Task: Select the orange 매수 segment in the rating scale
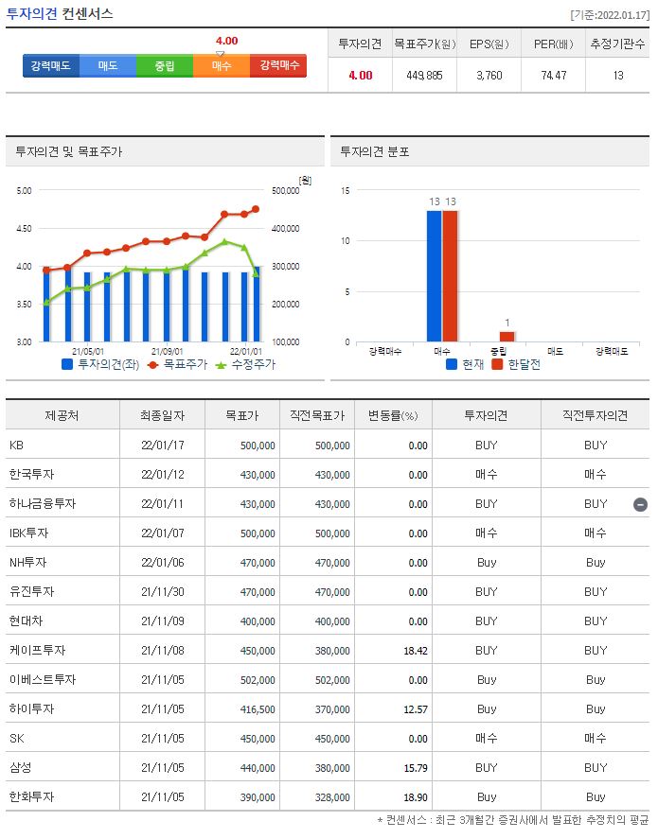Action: (x=222, y=65)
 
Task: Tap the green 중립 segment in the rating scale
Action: (x=165, y=65)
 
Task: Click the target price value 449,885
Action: (x=424, y=75)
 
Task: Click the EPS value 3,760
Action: (x=489, y=75)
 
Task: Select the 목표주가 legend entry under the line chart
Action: (x=176, y=364)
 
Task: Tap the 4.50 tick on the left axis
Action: (x=25, y=228)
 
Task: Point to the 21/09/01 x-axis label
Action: (x=168, y=349)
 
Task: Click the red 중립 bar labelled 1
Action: (x=507, y=336)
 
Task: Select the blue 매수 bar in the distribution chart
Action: (x=435, y=275)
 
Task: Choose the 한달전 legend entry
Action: (x=517, y=364)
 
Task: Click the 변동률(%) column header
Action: (x=392, y=415)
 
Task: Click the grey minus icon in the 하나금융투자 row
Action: (x=640, y=504)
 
